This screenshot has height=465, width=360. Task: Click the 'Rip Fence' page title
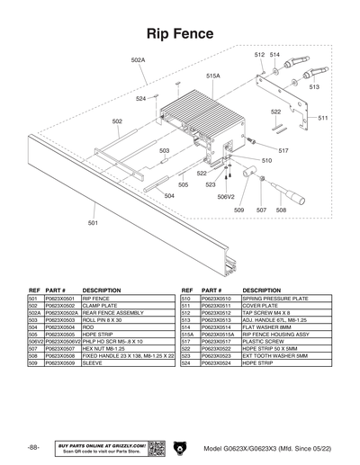click(180, 33)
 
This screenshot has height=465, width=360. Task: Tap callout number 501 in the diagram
click(94, 222)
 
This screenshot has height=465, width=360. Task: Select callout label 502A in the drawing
click(138, 60)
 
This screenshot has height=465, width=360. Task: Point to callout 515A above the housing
click(212, 76)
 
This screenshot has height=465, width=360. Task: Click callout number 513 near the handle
click(314, 87)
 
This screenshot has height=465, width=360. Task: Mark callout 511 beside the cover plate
click(322, 118)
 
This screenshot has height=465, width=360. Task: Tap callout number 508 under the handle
click(281, 210)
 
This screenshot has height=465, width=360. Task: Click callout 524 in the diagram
click(141, 99)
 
